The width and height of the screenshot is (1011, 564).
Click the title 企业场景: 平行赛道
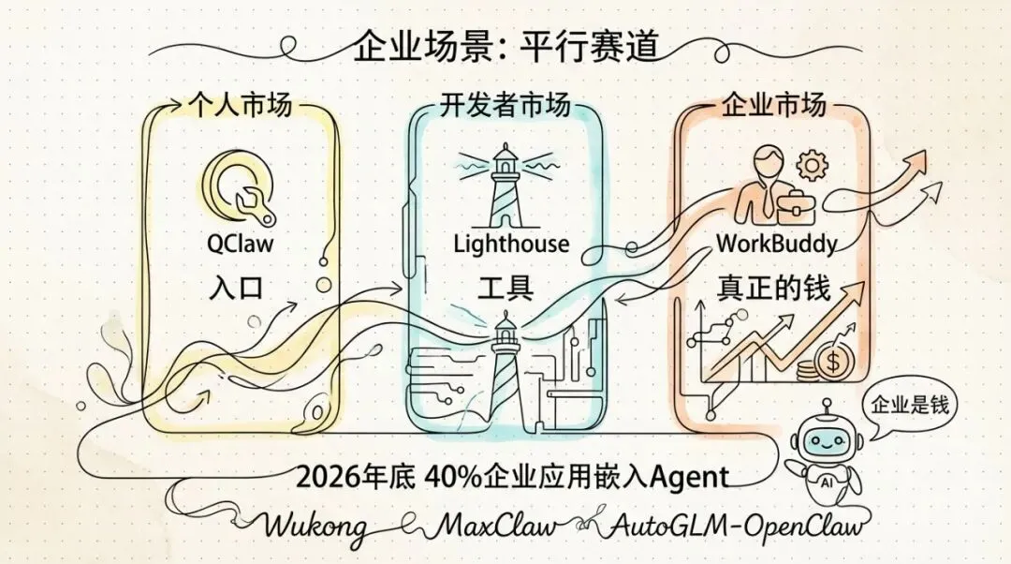pos(505,44)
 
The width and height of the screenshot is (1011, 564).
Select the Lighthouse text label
pos(511,245)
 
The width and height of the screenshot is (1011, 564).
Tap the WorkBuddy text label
pos(776,244)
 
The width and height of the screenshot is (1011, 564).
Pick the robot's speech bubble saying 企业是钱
pos(909,405)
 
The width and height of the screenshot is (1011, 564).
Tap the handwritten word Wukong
pos(316,526)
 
